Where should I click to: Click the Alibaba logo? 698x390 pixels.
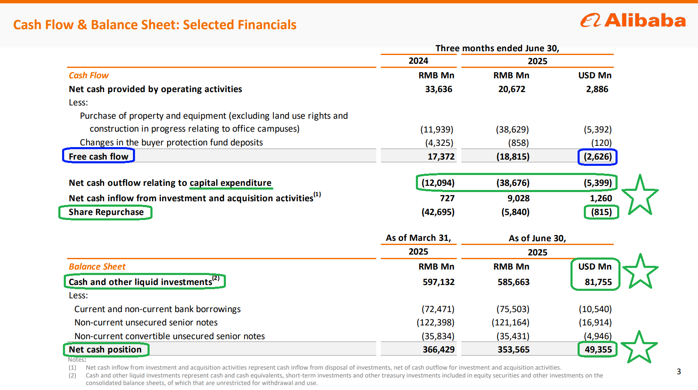[x=633, y=20]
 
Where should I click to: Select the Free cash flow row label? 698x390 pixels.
[x=98, y=156]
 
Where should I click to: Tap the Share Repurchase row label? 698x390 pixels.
[x=106, y=212]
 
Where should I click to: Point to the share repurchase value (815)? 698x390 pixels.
[x=601, y=212]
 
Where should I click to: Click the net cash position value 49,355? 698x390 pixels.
[x=598, y=349]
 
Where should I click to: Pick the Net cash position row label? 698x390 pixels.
[x=105, y=350]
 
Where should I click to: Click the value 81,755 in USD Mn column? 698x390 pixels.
[x=598, y=282]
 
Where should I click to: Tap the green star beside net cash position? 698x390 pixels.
[x=639, y=347]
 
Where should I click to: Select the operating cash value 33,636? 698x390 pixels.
[x=438, y=89]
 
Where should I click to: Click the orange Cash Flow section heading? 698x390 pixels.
[x=89, y=75]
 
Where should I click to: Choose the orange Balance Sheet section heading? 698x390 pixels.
[x=97, y=267]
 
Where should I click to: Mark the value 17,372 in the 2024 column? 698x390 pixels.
[x=441, y=157]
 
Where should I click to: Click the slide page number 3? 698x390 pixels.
[x=679, y=371]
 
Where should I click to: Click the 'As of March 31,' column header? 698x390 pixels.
[x=418, y=238]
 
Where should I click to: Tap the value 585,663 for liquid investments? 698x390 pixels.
[x=513, y=282]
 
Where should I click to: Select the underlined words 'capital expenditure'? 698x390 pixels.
[x=230, y=183]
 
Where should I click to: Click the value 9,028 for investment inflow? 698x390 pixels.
[x=518, y=198]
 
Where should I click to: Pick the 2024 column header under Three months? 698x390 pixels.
[x=418, y=61]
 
